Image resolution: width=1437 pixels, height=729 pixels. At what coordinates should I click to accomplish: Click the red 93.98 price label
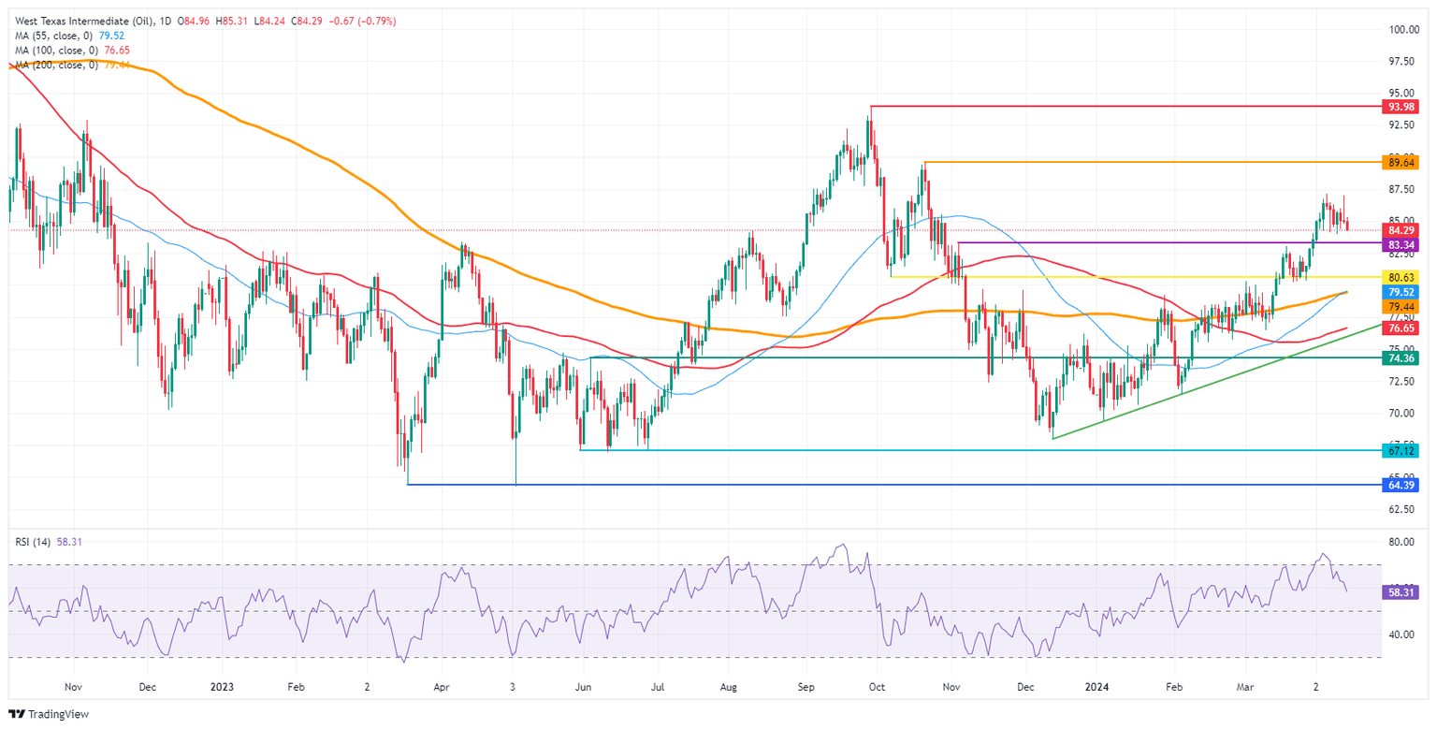point(1402,107)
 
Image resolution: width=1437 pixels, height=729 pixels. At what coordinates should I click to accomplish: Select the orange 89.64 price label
point(1402,162)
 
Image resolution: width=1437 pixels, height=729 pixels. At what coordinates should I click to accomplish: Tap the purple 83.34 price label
point(1402,242)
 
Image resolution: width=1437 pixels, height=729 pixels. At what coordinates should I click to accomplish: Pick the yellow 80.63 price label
point(1402,277)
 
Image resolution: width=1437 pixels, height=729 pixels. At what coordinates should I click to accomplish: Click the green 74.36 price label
point(1402,357)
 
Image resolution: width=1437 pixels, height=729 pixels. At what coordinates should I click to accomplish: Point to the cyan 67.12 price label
point(1402,450)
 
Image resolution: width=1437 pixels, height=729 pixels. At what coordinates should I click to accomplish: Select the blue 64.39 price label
point(1402,485)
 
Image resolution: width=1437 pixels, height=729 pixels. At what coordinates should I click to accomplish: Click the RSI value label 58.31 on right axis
point(1402,592)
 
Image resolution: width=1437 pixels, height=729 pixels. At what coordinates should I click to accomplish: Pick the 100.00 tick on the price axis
point(1401,30)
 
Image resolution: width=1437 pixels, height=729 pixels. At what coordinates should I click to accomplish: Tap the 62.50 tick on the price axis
point(1401,509)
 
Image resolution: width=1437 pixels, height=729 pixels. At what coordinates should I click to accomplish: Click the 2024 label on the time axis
point(1096,686)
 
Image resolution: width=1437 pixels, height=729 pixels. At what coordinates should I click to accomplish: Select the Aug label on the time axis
point(731,686)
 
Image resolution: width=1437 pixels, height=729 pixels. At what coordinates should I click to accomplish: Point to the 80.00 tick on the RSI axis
point(1401,542)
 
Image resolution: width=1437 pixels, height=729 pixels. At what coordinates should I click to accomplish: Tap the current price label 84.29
point(1402,230)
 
